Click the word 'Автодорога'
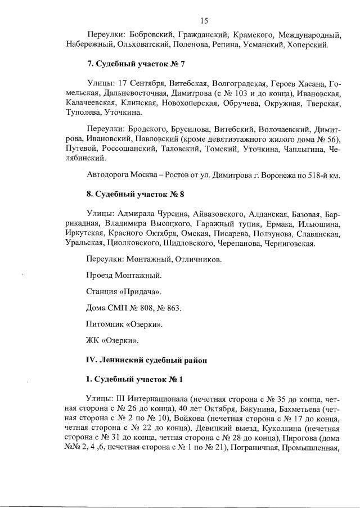109,175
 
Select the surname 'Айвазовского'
219,214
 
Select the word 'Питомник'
104,325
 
